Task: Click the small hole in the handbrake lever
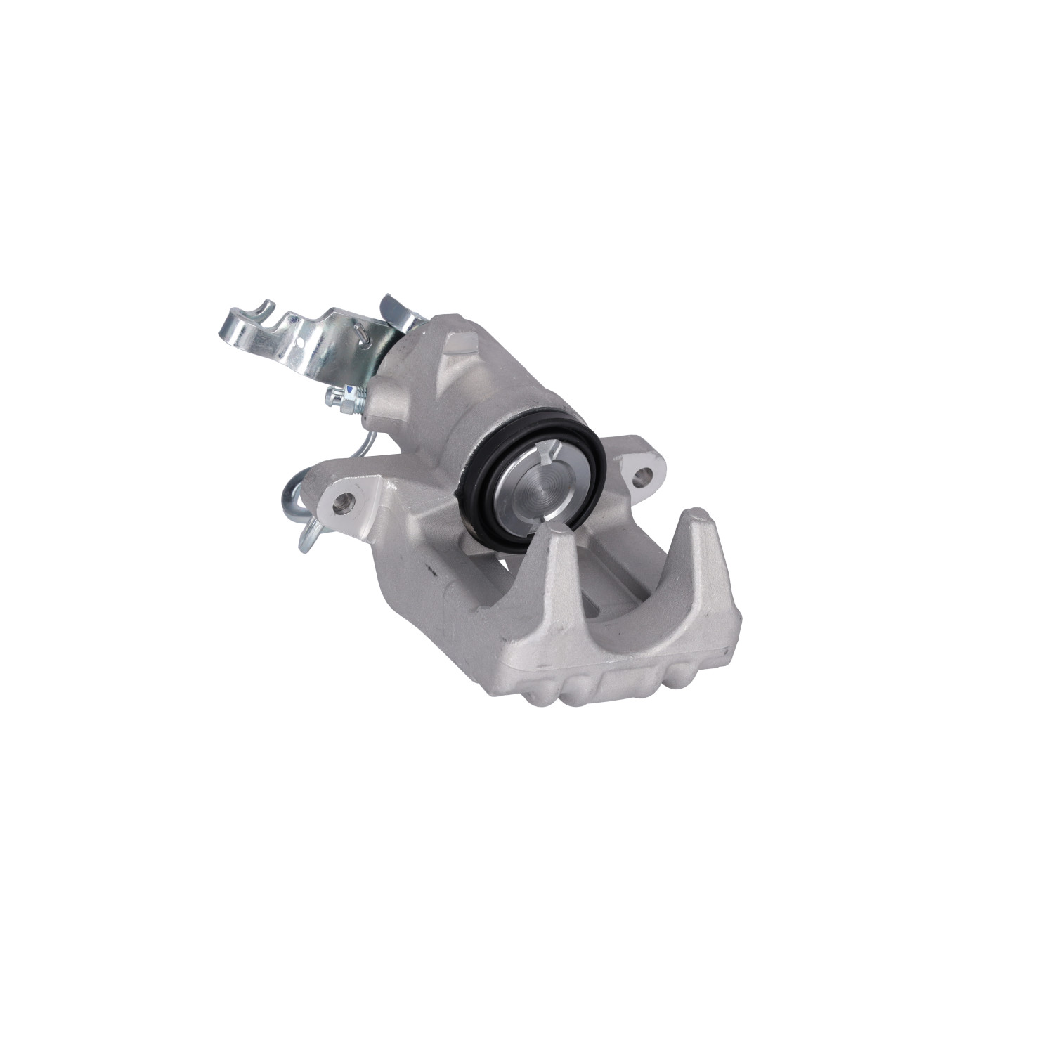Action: (x=299, y=342)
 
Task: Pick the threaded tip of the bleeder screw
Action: (x=329, y=399)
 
